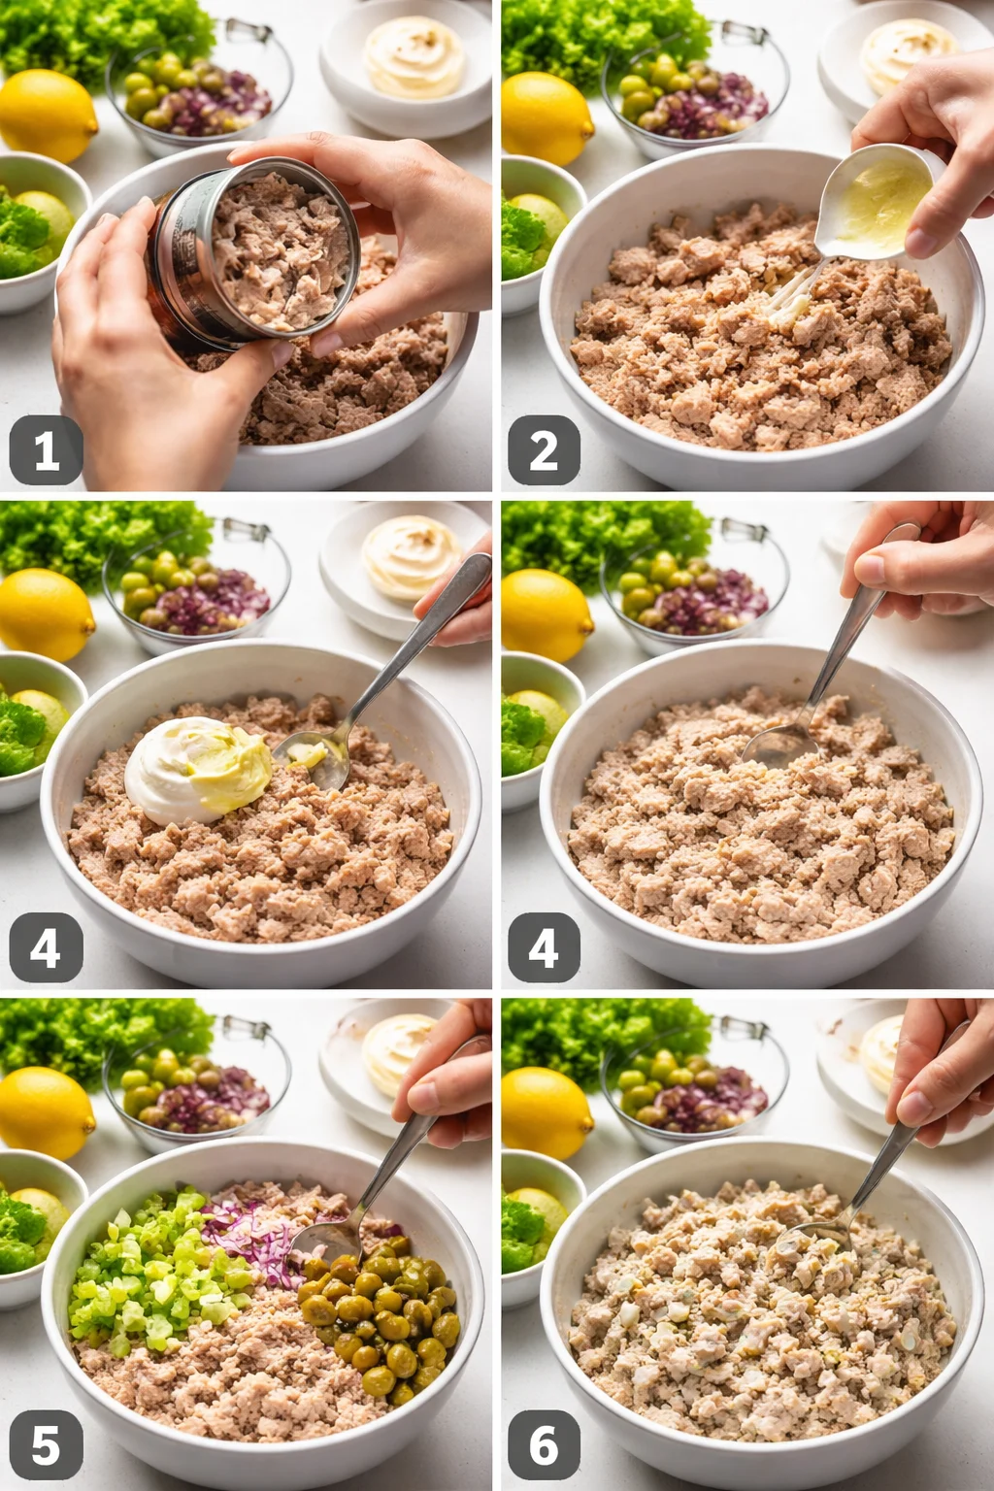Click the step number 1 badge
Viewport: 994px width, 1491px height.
point(46,450)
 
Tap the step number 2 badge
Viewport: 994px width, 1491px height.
point(544,450)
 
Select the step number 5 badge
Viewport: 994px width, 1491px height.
point(46,1445)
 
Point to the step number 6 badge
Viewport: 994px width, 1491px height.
point(544,1445)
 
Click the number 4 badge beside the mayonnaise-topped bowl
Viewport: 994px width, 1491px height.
point(46,947)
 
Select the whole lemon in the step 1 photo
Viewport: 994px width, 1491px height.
point(46,115)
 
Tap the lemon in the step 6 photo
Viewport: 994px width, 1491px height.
point(546,1111)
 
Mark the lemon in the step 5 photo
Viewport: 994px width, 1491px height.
point(46,1111)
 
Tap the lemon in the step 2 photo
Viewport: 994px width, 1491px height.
point(546,116)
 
